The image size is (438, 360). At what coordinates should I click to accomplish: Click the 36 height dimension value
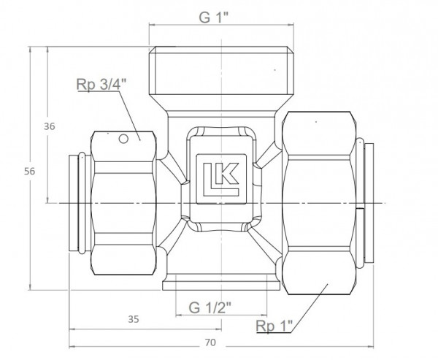(50, 126)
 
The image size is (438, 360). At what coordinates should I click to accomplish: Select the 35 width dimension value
(132, 318)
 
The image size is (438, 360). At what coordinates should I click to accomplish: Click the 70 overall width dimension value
(212, 342)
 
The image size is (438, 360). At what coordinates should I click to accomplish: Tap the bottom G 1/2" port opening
(212, 286)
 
